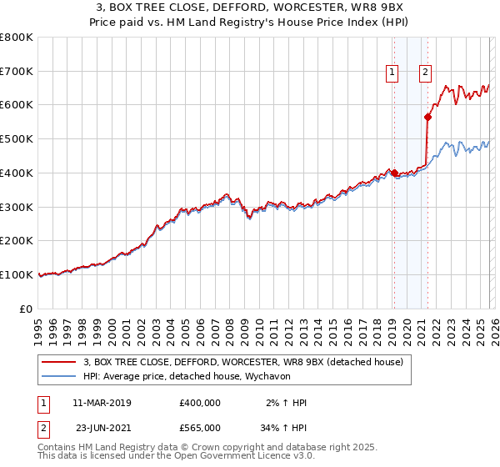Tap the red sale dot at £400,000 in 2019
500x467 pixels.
point(394,173)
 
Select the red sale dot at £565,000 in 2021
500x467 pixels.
point(427,117)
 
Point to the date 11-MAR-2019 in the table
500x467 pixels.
point(102,403)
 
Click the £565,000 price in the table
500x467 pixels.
point(199,427)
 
